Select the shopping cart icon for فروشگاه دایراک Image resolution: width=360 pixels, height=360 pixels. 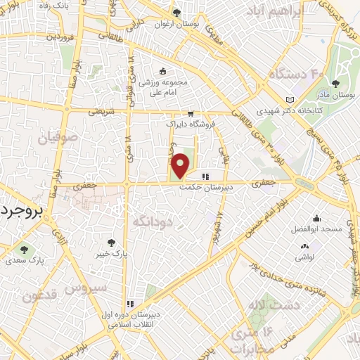click(190, 114)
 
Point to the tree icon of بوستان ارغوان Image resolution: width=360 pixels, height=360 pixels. click(177, 13)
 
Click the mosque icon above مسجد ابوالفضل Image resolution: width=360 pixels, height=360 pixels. click(317, 218)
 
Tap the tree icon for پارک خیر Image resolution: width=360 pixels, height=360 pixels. click(107, 243)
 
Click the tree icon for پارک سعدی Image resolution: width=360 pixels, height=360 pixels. click(25, 249)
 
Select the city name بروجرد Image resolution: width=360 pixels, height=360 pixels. click(21, 210)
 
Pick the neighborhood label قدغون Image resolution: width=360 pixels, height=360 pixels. click(39, 297)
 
